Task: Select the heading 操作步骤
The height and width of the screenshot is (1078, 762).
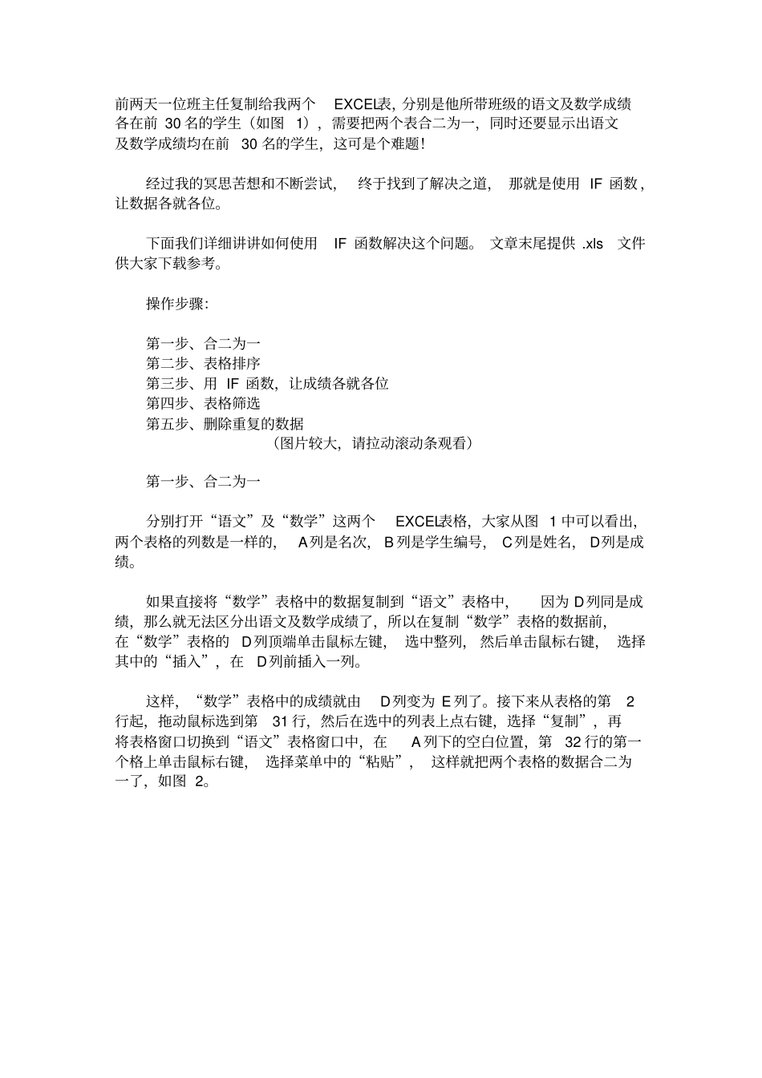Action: point(176,304)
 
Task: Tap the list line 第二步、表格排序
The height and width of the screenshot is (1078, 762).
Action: point(203,364)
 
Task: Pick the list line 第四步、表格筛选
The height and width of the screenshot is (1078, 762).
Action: point(203,403)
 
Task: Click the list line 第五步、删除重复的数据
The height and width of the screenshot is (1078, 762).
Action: point(225,423)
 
